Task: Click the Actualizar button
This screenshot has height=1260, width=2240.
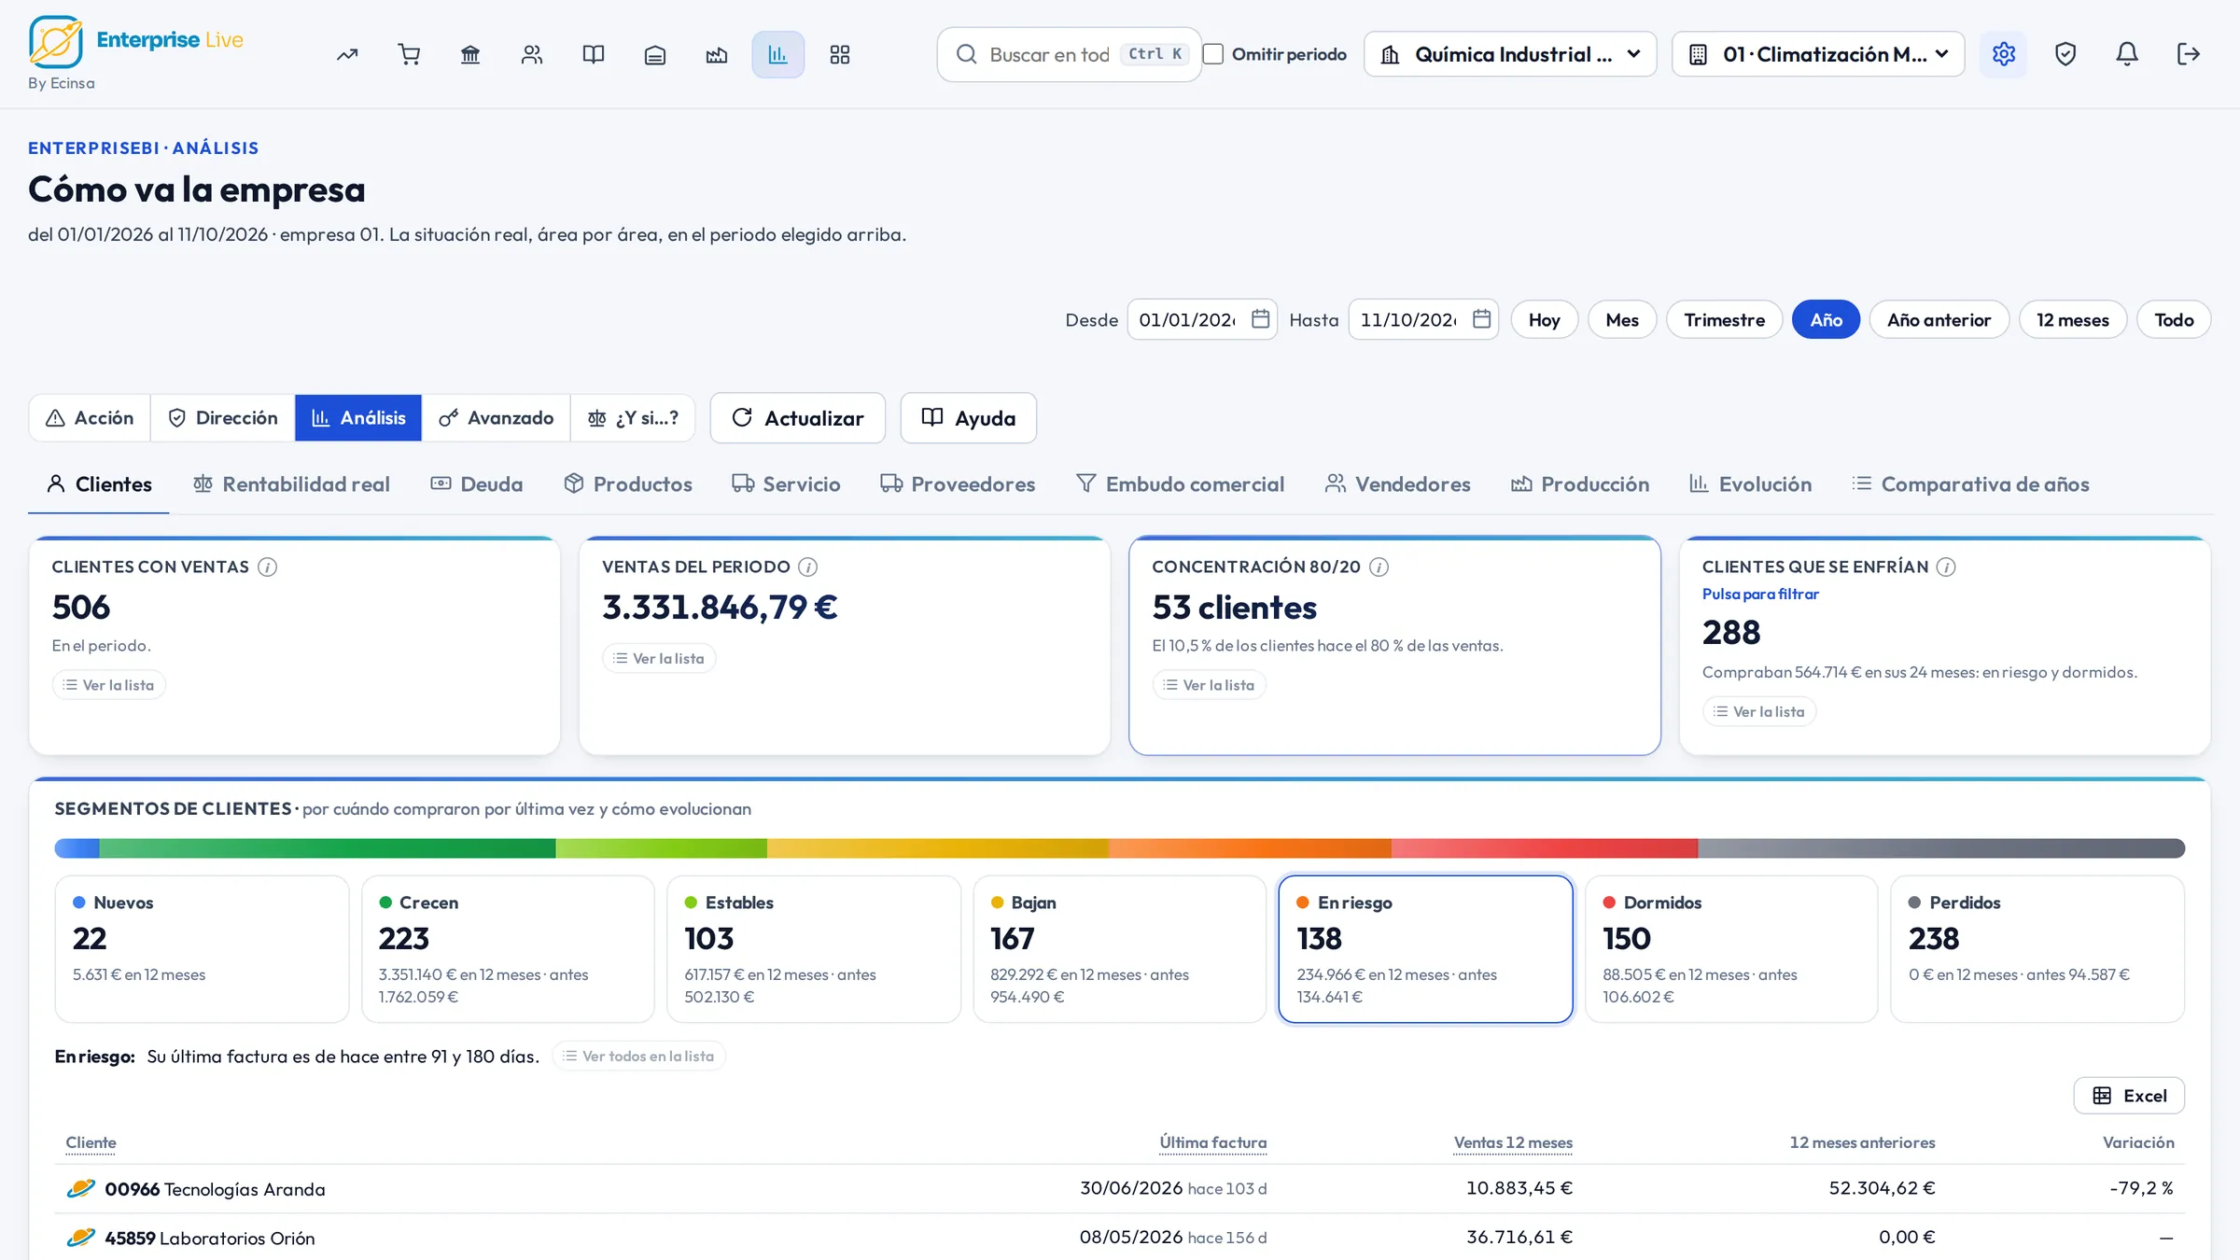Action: click(798, 418)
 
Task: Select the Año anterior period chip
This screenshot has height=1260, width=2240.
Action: click(1939, 320)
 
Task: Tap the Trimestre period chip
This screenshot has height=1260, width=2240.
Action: click(1724, 320)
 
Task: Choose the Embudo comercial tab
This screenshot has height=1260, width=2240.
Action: click(1180, 484)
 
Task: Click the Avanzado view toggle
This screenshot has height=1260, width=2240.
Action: click(496, 418)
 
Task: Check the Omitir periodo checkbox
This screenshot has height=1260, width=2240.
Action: click(1213, 54)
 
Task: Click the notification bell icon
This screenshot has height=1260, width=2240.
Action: click(2127, 54)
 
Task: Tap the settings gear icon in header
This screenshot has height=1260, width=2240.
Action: click(2004, 54)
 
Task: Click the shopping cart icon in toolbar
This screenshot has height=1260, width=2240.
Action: click(409, 54)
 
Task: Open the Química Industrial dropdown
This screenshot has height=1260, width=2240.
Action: click(1510, 54)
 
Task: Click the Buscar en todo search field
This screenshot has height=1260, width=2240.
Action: click(1070, 54)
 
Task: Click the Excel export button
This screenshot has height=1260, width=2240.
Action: click(2129, 1096)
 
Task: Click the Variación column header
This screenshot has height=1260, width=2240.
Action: click(2138, 1142)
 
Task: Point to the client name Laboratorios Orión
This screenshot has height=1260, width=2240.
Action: click(237, 1239)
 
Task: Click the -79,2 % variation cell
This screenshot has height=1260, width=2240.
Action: click(2141, 1188)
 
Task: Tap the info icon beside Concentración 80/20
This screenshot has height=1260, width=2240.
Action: click(1379, 567)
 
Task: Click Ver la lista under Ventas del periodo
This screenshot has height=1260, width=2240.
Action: click(659, 659)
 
